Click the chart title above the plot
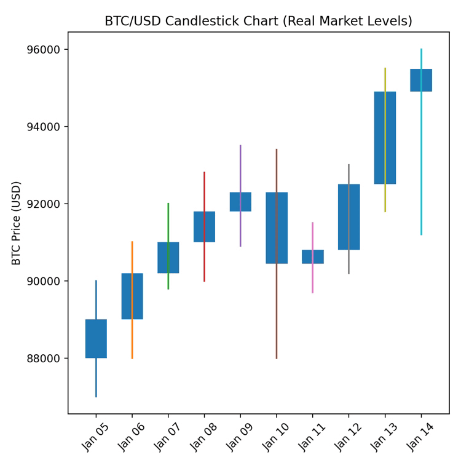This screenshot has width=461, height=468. (x=258, y=21)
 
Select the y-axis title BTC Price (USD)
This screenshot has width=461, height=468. (x=17, y=223)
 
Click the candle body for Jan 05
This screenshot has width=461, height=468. (x=96, y=338)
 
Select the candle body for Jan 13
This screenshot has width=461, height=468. (x=385, y=138)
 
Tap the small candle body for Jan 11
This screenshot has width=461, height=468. (x=312, y=256)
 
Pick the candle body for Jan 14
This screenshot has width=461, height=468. (x=421, y=80)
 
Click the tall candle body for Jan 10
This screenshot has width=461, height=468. (x=277, y=228)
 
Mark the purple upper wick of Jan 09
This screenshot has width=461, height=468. (x=240, y=169)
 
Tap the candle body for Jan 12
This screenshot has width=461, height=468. (x=349, y=216)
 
